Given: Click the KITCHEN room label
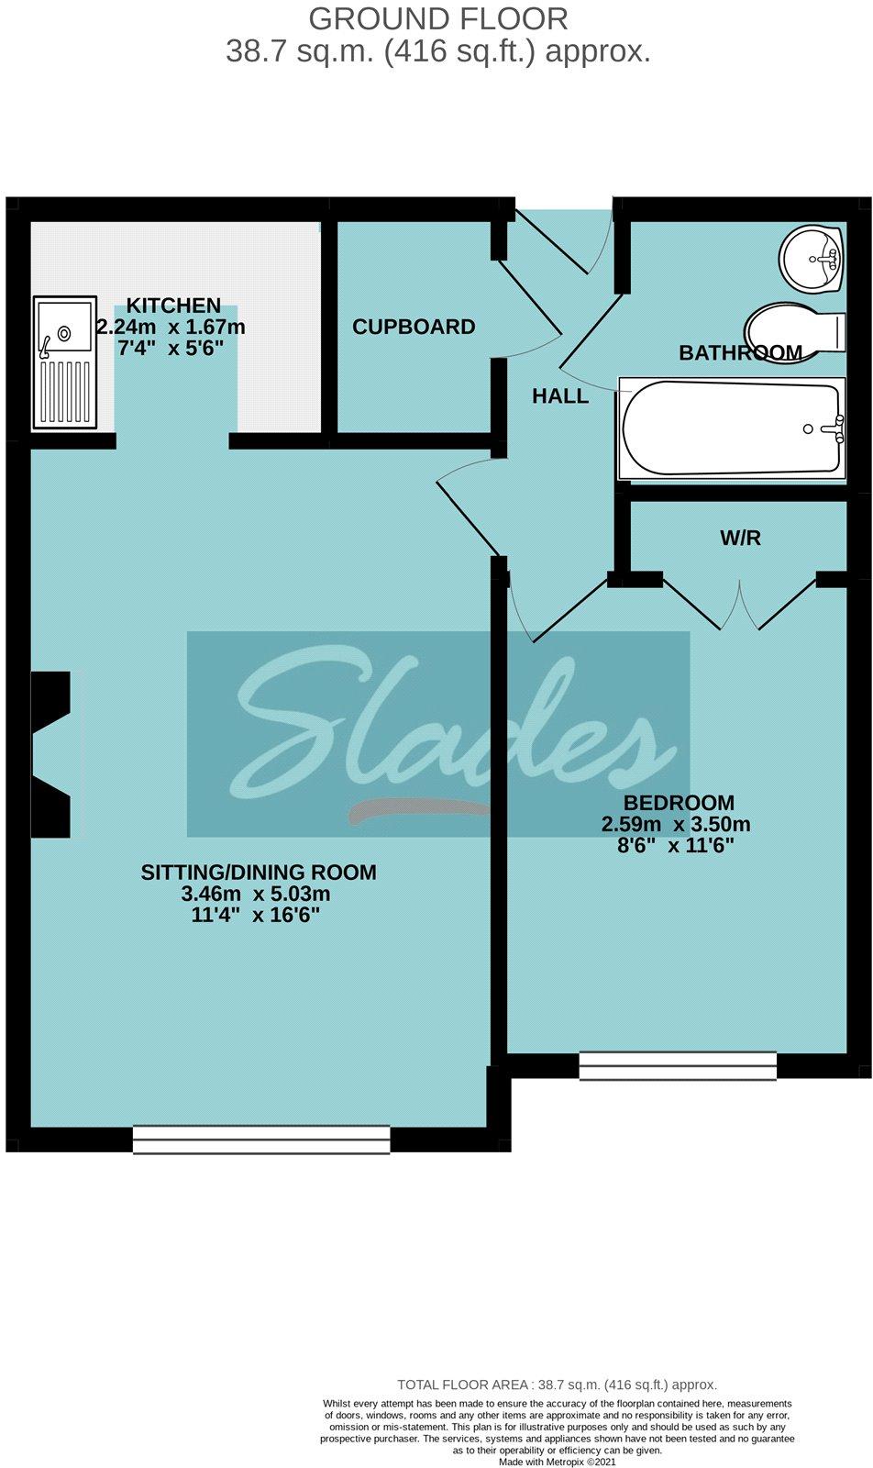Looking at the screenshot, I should click(x=173, y=306).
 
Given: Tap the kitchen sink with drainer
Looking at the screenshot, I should click(x=64, y=362).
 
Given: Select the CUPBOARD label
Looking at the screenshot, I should click(x=414, y=327).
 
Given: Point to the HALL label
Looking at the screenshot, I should click(x=560, y=396).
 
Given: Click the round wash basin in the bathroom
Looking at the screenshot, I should click(x=811, y=259).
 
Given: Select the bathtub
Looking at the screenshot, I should click(x=731, y=428).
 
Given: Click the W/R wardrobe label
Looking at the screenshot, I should click(x=740, y=539).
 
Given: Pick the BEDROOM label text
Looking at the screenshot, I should click(x=679, y=803).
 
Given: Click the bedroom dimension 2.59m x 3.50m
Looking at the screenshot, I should click(x=676, y=824).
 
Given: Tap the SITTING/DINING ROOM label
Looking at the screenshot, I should click(x=259, y=873).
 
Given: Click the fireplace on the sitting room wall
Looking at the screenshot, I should click(x=51, y=754).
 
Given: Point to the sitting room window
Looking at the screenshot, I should click(x=261, y=1139).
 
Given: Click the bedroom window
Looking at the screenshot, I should click(x=678, y=1065).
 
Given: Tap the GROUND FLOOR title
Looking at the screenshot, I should click(x=438, y=18).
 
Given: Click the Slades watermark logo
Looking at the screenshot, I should click(x=438, y=734).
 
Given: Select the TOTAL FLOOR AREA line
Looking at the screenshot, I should click(x=557, y=1385).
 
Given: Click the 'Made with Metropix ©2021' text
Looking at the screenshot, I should click(x=558, y=1462).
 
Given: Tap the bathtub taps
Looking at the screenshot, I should click(x=834, y=428).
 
